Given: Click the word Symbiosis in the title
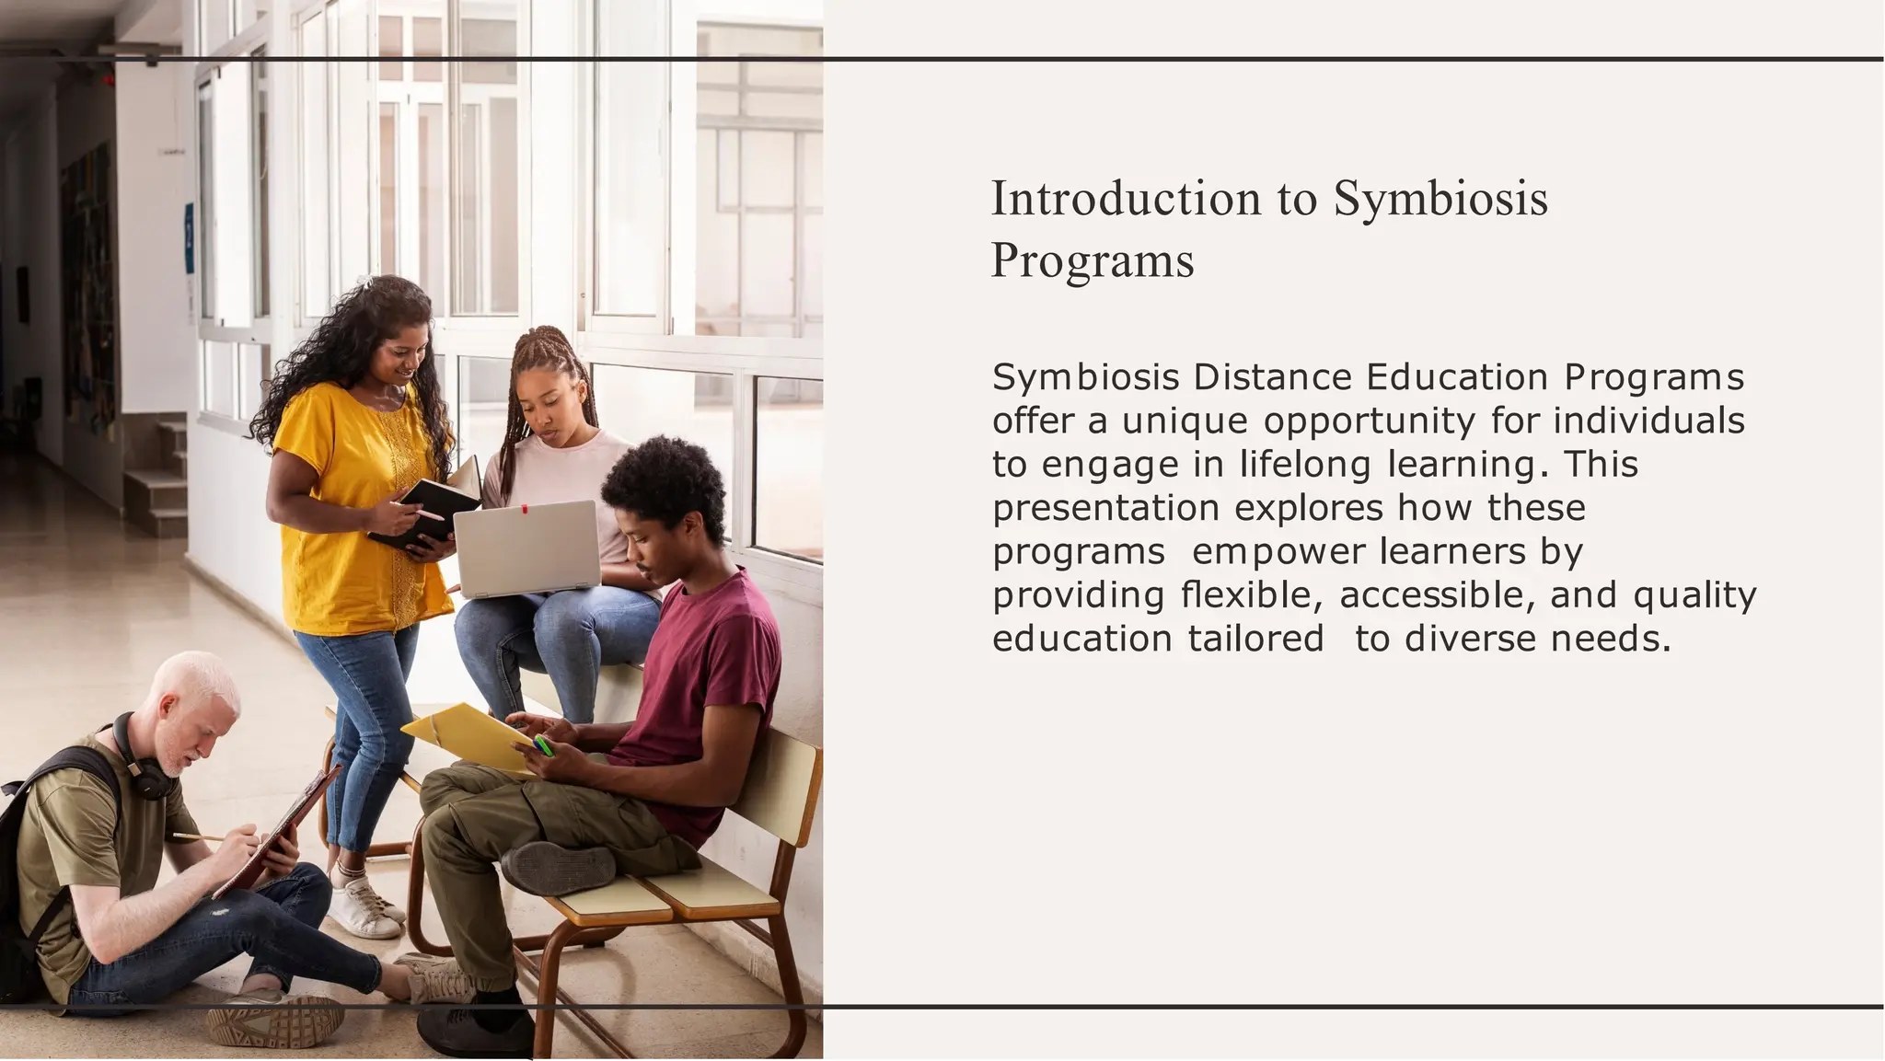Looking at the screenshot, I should point(1440,200).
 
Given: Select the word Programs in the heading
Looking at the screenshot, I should point(1093,260).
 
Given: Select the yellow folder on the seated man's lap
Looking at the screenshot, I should point(465,735).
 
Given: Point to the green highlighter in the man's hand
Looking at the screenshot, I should point(543,744).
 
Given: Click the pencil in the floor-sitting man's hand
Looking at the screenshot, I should point(198,837).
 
